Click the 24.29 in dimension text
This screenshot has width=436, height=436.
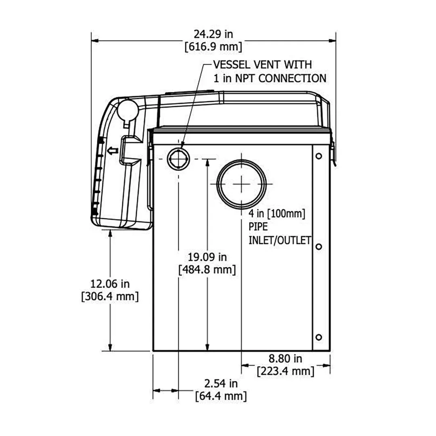click(213, 34)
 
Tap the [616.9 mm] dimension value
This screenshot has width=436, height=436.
click(213, 46)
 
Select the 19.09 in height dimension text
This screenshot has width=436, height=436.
click(207, 257)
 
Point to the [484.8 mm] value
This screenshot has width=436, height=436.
click(207, 269)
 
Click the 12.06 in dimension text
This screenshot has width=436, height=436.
click(110, 284)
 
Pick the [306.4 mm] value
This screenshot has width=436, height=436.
click(110, 296)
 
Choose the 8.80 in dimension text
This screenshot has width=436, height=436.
click(285, 359)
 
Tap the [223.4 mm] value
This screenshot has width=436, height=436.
click(285, 371)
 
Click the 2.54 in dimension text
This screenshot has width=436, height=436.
click(221, 384)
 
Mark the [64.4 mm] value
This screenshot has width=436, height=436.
click(221, 396)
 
